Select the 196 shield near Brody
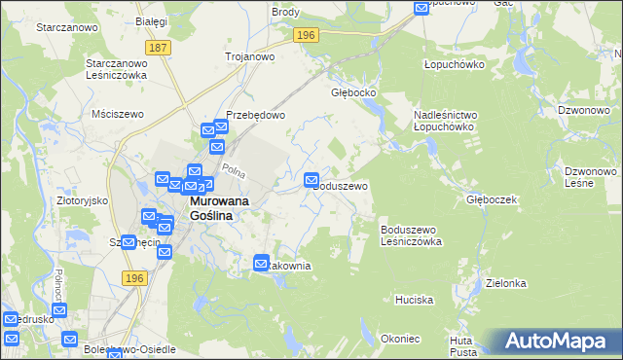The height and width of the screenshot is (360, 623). click(306, 35)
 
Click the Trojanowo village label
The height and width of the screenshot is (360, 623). click(249, 56)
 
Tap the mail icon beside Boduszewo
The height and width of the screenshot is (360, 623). click(312, 180)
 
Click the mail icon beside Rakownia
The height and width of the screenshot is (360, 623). click(262, 263)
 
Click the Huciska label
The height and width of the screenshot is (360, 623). click(414, 300)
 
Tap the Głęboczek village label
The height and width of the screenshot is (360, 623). click(491, 199)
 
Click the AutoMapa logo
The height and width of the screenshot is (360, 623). click(559, 342)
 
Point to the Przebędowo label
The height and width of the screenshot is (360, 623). click(255, 114)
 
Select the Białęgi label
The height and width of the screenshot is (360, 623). click(153, 20)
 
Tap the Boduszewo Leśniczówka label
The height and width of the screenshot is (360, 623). click(411, 234)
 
